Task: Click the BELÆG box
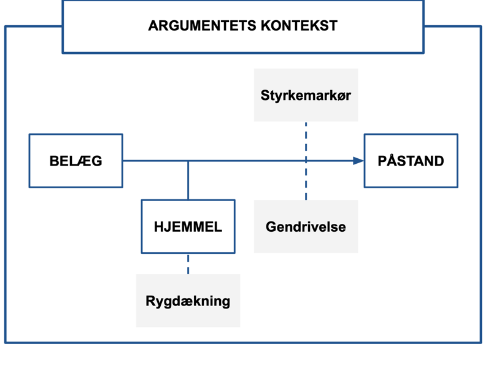click(75, 161)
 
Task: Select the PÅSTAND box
click(411, 161)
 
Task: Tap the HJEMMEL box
click(188, 226)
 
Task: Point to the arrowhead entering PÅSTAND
click(358, 161)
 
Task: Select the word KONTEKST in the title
click(299, 26)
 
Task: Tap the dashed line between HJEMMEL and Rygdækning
click(188, 264)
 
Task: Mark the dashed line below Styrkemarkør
click(306, 138)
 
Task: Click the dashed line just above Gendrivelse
click(306, 187)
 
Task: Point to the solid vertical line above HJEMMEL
click(188, 181)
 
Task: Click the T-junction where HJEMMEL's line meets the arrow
click(188, 161)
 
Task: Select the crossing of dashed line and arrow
click(306, 161)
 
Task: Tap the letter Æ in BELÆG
click(82, 161)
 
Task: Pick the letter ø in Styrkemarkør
click(341, 96)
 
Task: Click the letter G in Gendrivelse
click(271, 227)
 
